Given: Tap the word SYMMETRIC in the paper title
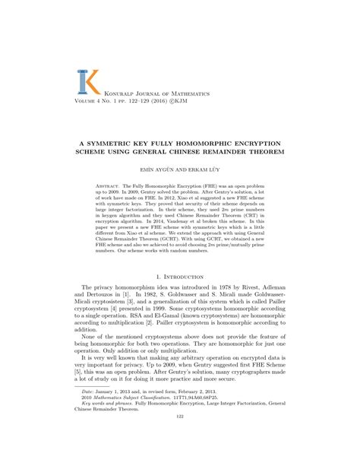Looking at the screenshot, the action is coord(128,144).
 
